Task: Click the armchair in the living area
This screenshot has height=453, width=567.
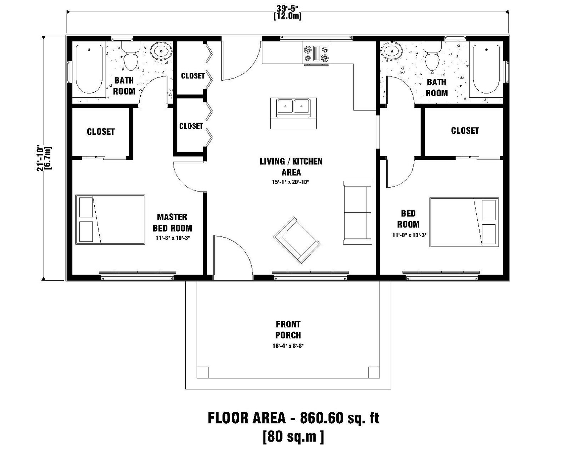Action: point(297,240)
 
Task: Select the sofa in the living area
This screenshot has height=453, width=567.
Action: point(357,213)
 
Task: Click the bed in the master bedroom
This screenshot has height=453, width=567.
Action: point(110,220)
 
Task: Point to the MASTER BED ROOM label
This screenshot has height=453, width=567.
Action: point(172,223)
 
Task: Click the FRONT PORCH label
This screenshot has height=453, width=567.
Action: point(288,330)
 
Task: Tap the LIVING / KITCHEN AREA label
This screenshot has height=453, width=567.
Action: point(291,167)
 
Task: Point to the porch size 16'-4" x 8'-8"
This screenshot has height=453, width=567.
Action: point(288,346)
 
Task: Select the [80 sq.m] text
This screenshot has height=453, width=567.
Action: point(293,436)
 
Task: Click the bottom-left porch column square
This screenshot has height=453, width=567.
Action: point(202,372)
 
